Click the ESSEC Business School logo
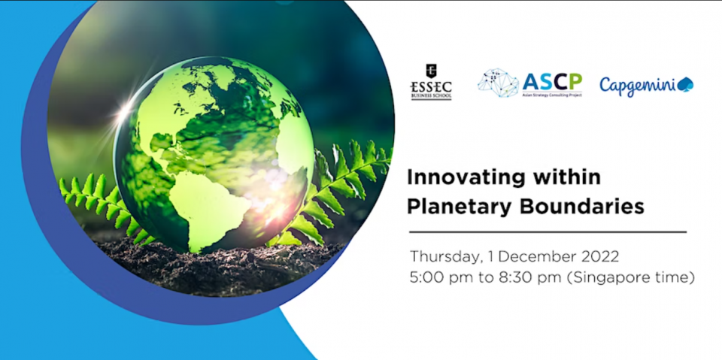(x=431, y=82)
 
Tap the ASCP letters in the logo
(x=552, y=82)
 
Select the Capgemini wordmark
(x=637, y=86)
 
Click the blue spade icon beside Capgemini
(x=685, y=84)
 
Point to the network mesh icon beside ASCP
(x=498, y=83)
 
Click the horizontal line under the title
(x=548, y=232)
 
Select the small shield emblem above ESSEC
(x=431, y=70)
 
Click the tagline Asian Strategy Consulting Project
(x=552, y=95)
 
